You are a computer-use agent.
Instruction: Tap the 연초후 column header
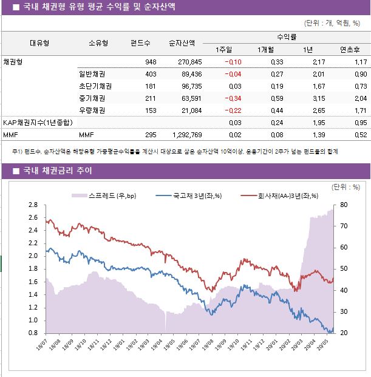click(350, 50)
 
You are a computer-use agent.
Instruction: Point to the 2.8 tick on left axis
click(33, 205)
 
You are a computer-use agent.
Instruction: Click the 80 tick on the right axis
click(343, 205)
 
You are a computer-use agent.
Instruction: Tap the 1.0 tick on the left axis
click(33, 321)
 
